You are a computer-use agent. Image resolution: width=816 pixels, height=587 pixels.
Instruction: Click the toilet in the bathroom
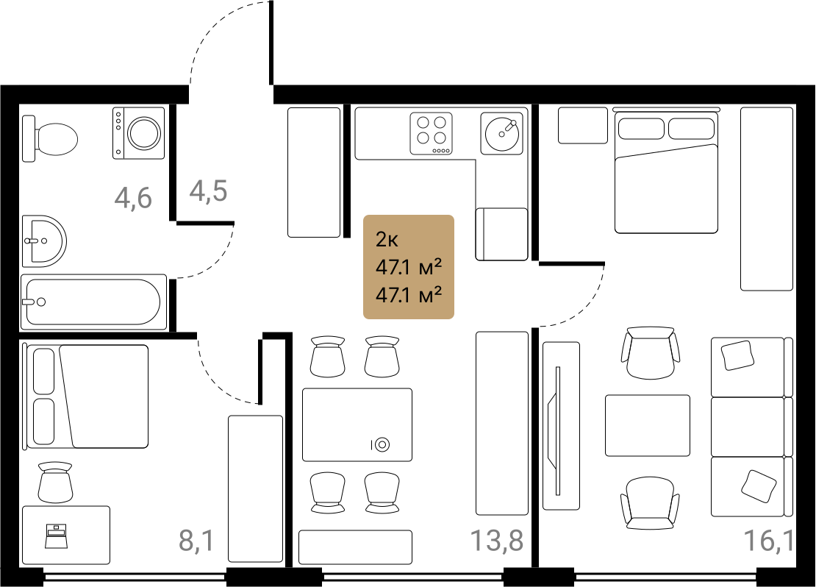click(x=50, y=139)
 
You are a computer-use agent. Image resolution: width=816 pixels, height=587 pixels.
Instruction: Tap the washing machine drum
click(x=145, y=133)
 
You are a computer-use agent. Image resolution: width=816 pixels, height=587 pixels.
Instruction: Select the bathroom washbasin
click(x=43, y=241)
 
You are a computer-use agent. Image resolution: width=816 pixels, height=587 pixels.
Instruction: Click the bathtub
click(x=93, y=302)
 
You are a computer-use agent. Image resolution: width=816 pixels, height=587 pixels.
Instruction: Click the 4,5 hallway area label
click(x=208, y=191)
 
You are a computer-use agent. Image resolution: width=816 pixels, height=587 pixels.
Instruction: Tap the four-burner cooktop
click(x=431, y=134)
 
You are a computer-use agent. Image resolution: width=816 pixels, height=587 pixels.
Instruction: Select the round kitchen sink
click(x=501, y=134)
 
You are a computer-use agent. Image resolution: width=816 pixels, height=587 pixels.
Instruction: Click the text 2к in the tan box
click(x=387, y=240)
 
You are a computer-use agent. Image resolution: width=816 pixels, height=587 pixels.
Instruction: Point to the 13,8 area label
click(x=497, y=540)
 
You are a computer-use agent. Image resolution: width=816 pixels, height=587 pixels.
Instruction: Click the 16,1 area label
click(x=769, y=540)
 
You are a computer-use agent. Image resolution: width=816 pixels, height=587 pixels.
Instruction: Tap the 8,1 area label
click(x=196, y=540)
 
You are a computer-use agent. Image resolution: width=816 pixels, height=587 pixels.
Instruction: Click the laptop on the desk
click(x=56, y=536)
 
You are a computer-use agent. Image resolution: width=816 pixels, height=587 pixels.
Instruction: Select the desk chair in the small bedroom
click(x=54, y=481)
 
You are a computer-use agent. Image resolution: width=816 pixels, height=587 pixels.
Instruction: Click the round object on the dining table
click(x=382, y=444)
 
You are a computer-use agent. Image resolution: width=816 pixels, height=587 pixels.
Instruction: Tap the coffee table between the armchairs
click(x=648, y=425)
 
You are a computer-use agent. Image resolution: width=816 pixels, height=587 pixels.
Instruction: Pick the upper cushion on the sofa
click(x=737, y=355)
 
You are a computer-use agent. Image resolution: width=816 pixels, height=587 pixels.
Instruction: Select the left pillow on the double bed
click(x=641, y=129)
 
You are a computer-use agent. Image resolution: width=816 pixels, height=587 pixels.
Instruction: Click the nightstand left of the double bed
click(x=583, y=125)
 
